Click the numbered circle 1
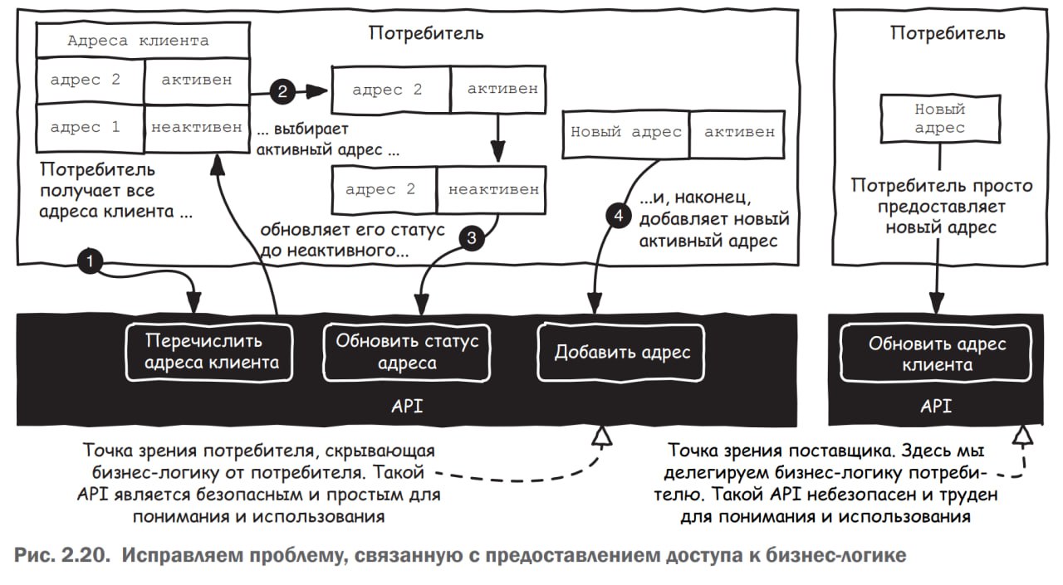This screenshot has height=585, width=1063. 90,261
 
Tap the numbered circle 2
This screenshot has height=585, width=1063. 282,90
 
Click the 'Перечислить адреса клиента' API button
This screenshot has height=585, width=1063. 209,352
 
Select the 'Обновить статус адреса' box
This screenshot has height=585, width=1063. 407,352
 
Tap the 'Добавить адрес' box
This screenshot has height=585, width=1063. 622,352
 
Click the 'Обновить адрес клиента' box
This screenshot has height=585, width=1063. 937,353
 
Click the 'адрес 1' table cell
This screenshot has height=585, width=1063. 86,128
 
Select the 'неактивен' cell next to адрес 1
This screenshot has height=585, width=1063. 197,128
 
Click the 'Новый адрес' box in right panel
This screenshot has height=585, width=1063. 939,118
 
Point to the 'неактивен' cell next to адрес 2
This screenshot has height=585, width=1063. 493,189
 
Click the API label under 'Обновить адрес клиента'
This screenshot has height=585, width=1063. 936,406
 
